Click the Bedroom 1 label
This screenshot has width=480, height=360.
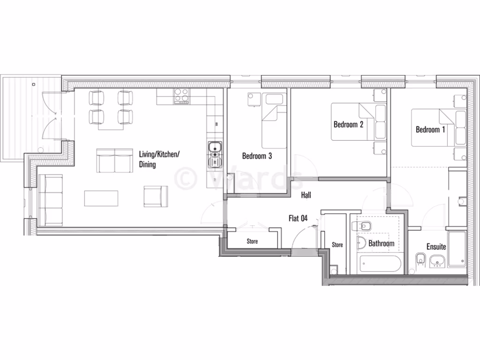click(x=430, y=129)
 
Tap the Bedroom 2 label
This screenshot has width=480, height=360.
click(x=348, y=125)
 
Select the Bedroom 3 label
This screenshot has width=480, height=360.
click(x=257, y=156)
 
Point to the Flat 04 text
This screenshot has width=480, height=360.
click(x=298, y=217)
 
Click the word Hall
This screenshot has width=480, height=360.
click(x=306, y=195)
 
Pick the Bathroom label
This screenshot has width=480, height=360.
click(x=381, y=244)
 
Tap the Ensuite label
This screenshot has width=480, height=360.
click(x=436, y=247)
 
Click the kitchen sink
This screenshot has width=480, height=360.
click(x=215, y=154)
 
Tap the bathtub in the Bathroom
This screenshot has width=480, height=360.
click(x=379, y=264)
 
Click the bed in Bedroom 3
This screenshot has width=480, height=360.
click(x=274, y=120)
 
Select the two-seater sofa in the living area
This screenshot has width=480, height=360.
click(x=114, y=160)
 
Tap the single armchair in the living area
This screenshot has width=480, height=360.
click(x=156, y=196)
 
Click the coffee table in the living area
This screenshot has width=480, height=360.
click(x=101, y=198)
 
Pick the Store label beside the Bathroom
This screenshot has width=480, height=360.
click(x=337, y=245)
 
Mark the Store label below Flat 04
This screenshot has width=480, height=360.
click(x=252, y=241)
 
